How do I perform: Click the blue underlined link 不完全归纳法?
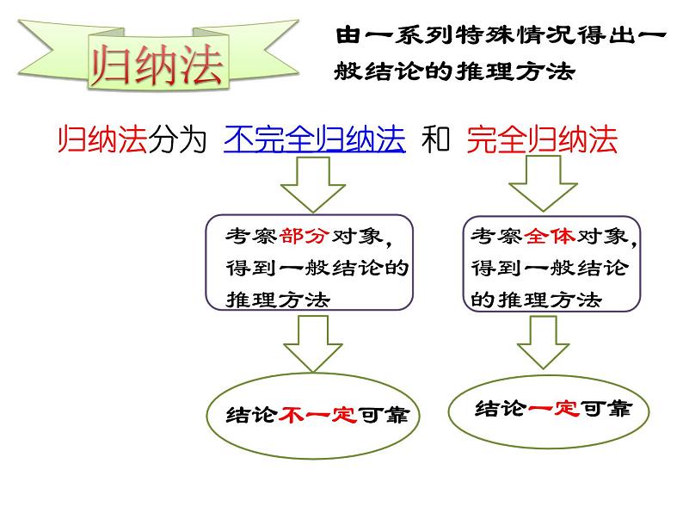tap(314, 140)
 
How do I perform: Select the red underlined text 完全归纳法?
tap(542, 140)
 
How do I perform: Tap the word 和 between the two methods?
tap(436, 140)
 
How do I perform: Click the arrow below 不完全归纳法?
tap(307, 186)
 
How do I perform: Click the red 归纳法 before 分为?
tap(102, 140)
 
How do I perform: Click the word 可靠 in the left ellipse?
tap(383, 415)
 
